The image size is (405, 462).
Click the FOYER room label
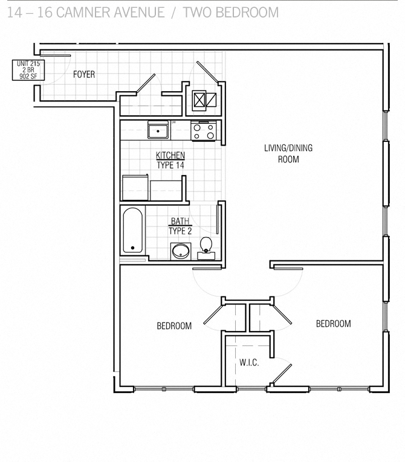[84, 74]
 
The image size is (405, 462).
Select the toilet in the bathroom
[206, 246]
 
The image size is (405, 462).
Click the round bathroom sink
[180, 251]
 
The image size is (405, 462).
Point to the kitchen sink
[158, 130]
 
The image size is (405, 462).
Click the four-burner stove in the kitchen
[203, 130]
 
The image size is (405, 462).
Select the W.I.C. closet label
[249, 363]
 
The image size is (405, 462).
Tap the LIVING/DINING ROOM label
[288, 154]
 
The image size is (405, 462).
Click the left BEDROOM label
[174, 326]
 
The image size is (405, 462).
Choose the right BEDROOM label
[333, 324]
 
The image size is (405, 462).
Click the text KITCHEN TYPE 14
[170, 160]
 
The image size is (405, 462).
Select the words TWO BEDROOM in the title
[232, 12]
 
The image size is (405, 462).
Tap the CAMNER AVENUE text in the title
[110, 12]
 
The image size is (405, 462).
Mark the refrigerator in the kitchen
[135, 188]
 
